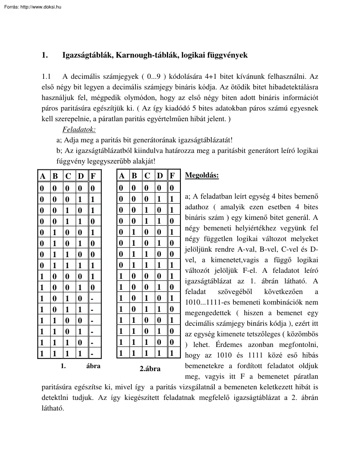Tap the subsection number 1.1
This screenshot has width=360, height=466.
pyautogui.click(x=46, y=77)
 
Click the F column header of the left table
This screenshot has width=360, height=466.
pyautogui.click(x=93, y=176)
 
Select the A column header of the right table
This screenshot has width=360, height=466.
pyautogui.click(x=122, y=176)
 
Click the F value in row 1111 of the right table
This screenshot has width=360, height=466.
pyautogui.click(x=172, y=352)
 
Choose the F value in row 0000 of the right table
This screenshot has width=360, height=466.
pyautogui.click(x=172, y=188)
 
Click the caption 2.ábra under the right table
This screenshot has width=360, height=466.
pyautogui.click(x=150, y=369)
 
